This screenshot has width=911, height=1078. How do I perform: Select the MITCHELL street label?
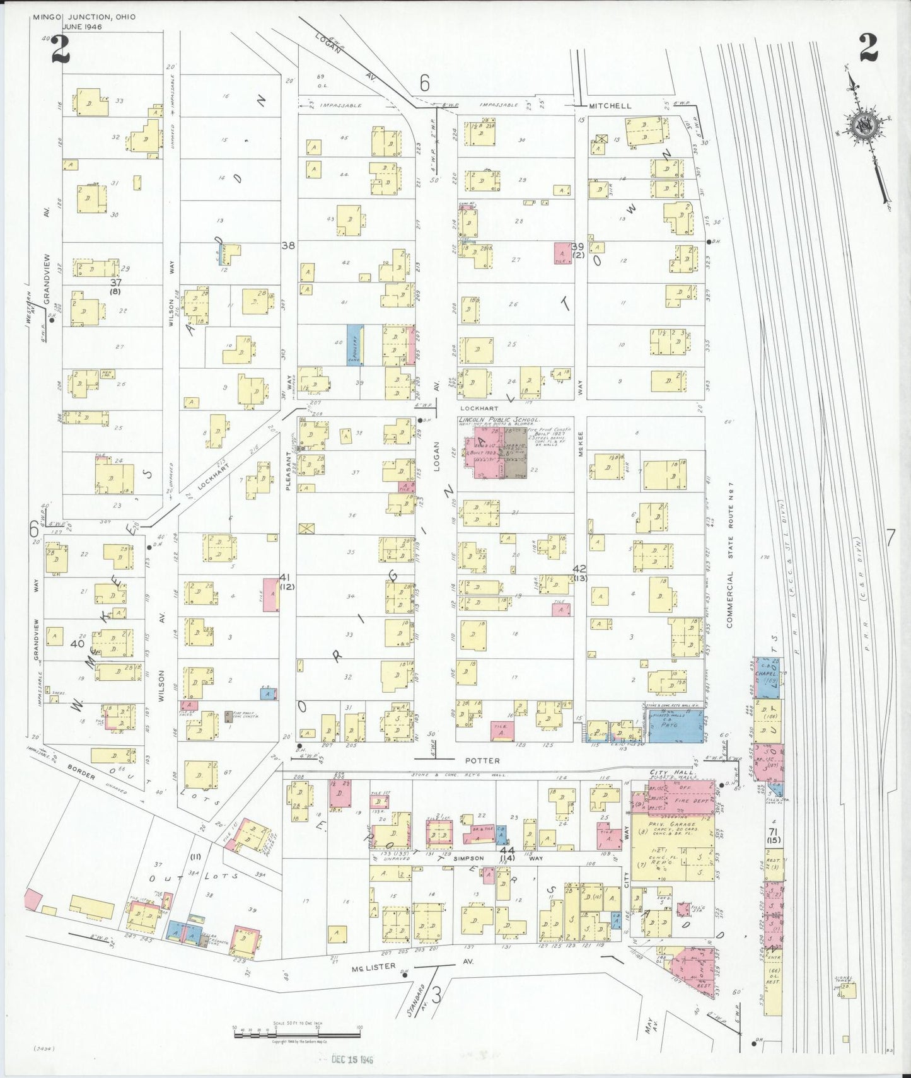(x=610, y=106)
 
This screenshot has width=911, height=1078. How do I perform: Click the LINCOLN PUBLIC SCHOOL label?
(x=499, y=420)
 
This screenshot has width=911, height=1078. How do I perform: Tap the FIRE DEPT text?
(x=692, y=799)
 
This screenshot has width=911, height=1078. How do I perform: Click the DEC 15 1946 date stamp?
(x=352, y=1059)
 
